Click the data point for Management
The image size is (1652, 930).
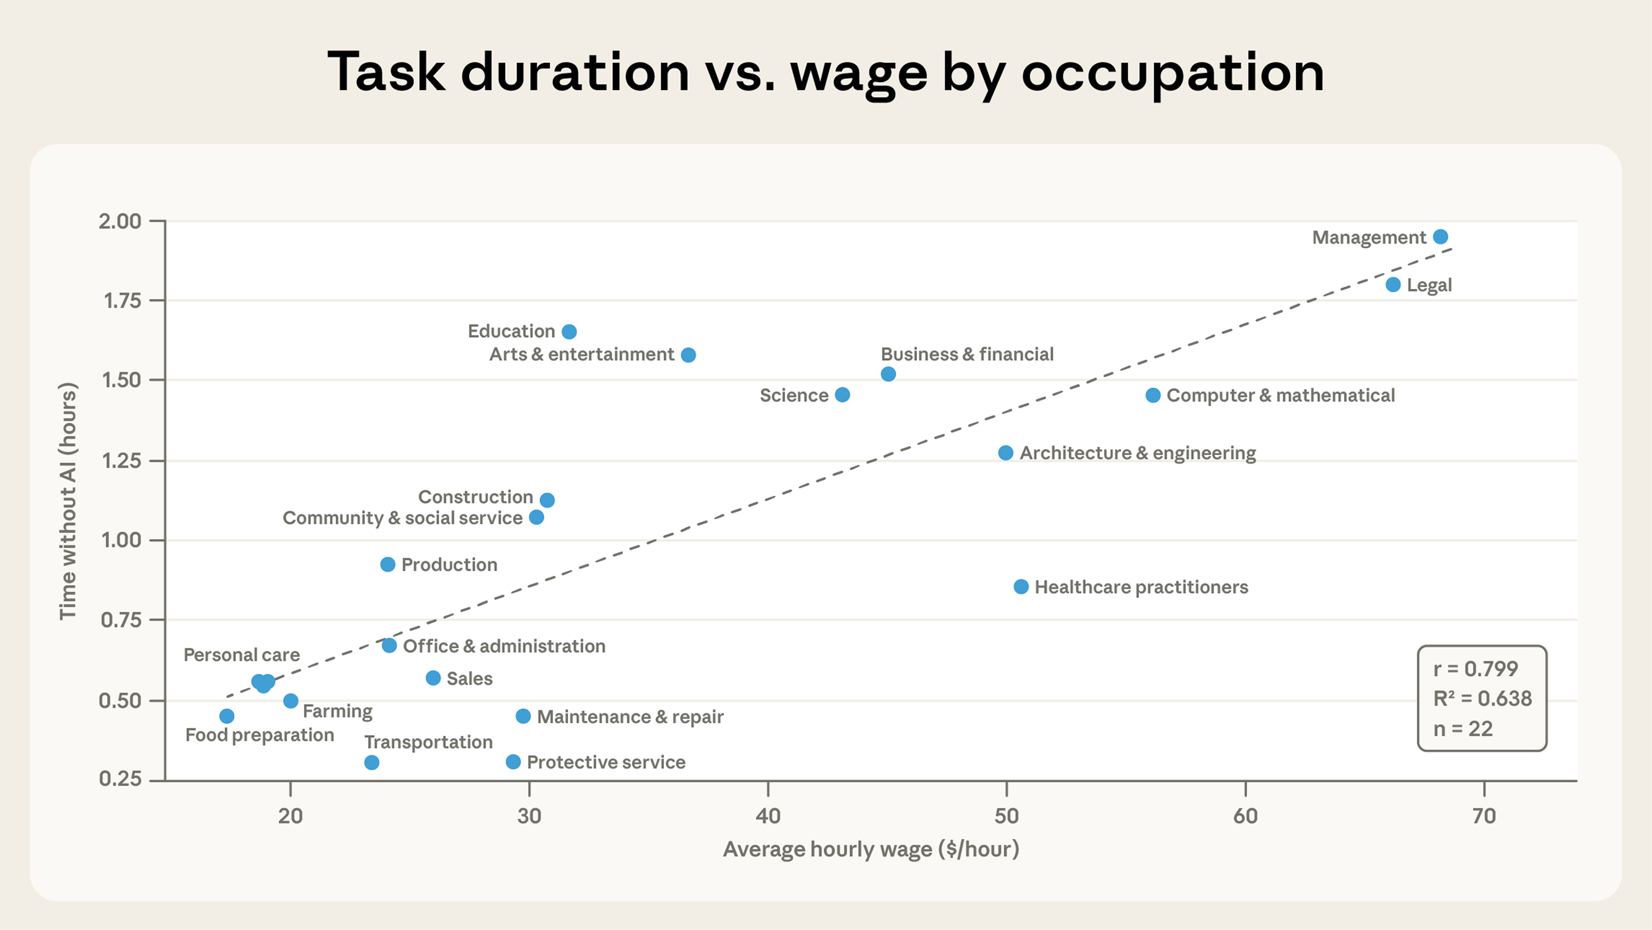click(x=1440, y=237)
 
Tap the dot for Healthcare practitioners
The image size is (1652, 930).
click(x=1021, y=587)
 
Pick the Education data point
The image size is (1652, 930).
click(x=569, y=332)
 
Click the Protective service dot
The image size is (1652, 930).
click(x=513, y=762)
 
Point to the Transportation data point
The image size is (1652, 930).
click(x=371, y=763)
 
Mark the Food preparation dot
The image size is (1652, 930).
click(x=226, y=716)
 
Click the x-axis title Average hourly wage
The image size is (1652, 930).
click(x=870, y=849)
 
